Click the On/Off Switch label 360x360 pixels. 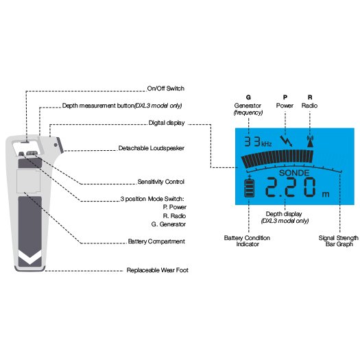click(x=165, y=88)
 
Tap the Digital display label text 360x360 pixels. click(x=167, y=123)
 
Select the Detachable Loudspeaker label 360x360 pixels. click(x=152, y=148)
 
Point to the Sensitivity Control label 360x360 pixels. click(x=160, y=182)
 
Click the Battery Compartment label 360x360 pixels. click(x=156, y=241)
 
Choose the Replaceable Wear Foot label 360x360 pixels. click(x=158, y=270)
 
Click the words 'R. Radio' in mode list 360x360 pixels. click(x=174, y=216)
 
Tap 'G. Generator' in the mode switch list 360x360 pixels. click(x=169, y=224)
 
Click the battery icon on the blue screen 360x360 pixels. click(x=250, y=187)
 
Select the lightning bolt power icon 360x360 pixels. click(x=286, y=141)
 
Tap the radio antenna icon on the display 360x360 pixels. click(x=310, y=141)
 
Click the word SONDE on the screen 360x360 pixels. click(x=294, y=173)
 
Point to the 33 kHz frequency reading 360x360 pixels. click(x=258, y=142)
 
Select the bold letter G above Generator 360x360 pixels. click(x=248, y=97)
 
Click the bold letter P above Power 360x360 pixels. click(x=285, y=97)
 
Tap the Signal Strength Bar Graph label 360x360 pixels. click(x=339, y=241)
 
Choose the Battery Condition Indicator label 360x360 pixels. click(x=247, y=241)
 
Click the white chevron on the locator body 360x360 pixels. click(x=30, y=257)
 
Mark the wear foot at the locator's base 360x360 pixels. click(x=30, y=269)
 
